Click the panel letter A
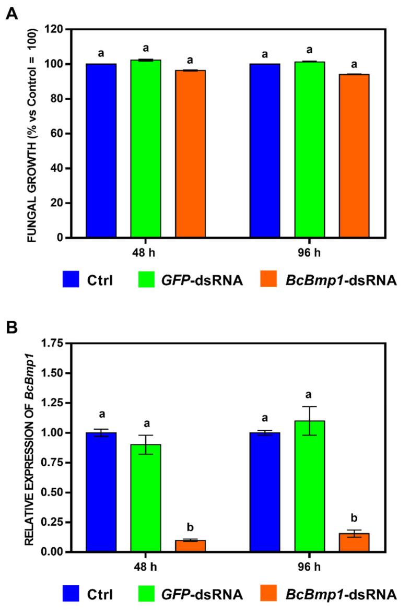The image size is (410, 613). [11, 14]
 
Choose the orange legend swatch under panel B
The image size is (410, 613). [270, 594]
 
